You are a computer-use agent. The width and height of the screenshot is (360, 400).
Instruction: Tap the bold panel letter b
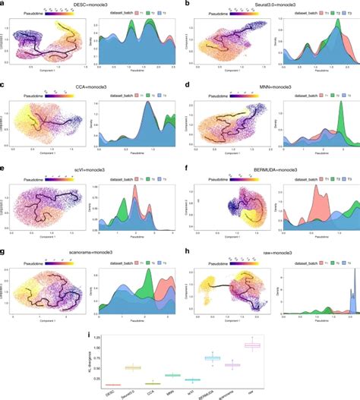[187, 5]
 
